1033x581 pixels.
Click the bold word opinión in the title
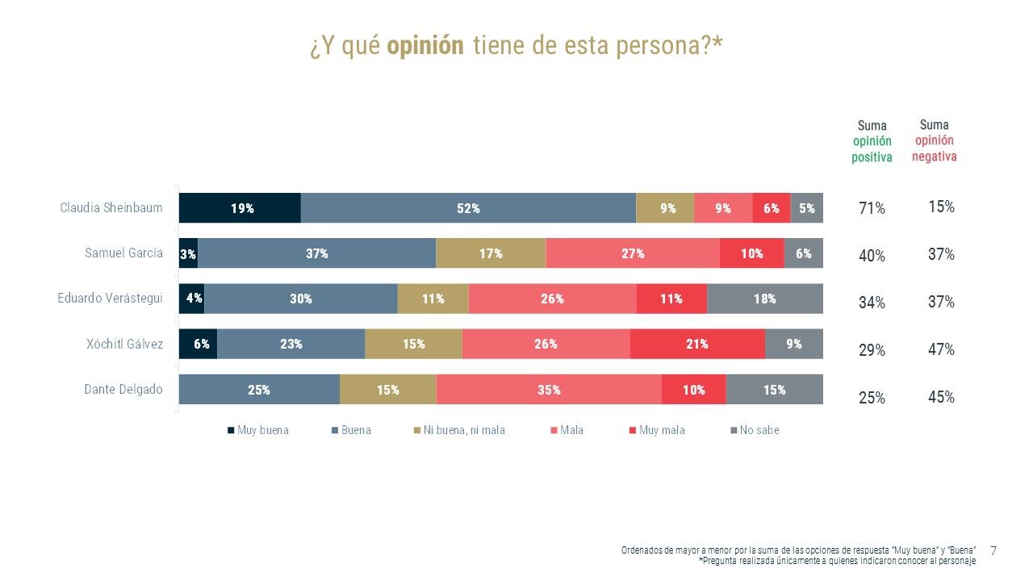pyautogui.click(x=425, y=46)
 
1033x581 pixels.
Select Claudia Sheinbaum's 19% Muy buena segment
pyautogui.click(x=240, y=208)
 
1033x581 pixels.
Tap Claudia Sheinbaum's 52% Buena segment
pyautogui.click(x=468, y=208)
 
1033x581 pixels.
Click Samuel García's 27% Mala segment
pyautogui.click(x=633, y=253)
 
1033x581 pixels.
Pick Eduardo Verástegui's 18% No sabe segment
pyautogui.click(x=765, y=299)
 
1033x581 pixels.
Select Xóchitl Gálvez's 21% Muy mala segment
pyautogui.click(x=697, y=344)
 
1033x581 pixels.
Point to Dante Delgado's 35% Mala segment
pyautogui.click(x=549, y=390)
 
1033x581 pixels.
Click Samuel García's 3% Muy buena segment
pyautogui.click(x=188, y=253)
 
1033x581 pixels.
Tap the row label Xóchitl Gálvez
pyautogui.click(x=124, y=344)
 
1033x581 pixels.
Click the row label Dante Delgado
pyautogui.click(x=123, y=389)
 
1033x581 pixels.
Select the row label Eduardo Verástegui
pyautogui.click(x=110, y=299)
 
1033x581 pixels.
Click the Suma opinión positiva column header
pyautogui.click(x=872, y=141)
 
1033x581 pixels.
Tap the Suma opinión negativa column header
pyautogui.click(x=935, y=140)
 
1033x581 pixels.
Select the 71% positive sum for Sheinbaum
pyautogui.click(x=872, y=209)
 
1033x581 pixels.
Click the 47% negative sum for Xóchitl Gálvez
pyautogui.click(x=941, y=349)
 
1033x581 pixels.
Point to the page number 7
pyautogui.click(x=993, y=551)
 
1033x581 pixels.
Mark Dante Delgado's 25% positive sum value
pyautogui.click(x=872, y=398)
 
